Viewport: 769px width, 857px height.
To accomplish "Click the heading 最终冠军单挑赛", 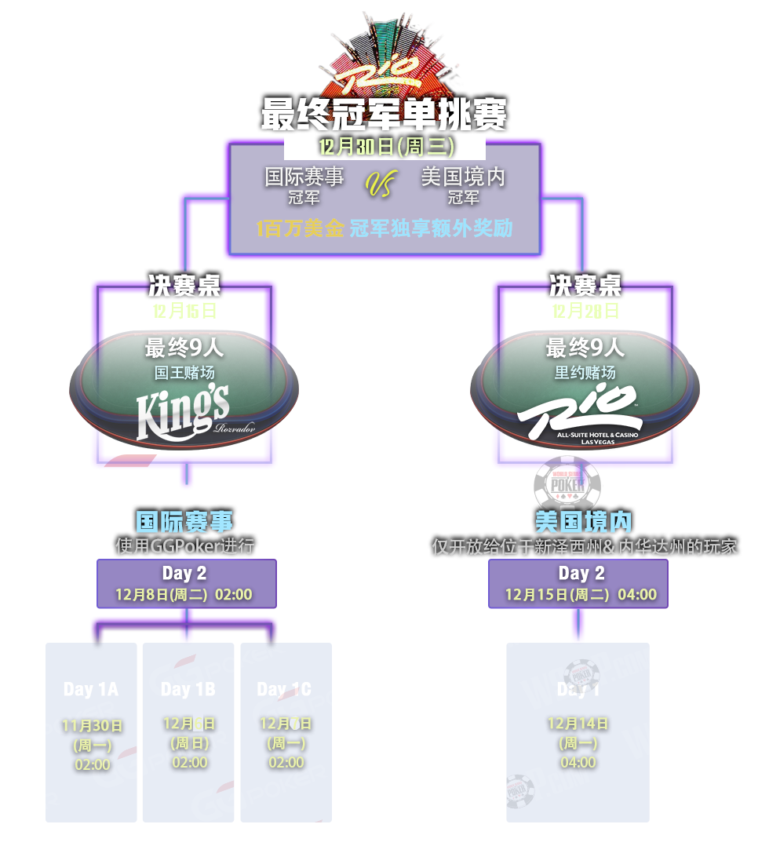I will click(x=384, y=114).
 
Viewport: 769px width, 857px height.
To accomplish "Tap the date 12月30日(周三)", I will click(x=384, y=147).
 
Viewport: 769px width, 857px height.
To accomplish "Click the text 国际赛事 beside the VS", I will click(x=304, y=177).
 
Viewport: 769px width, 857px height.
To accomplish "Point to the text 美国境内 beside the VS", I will click(x=463, y=177).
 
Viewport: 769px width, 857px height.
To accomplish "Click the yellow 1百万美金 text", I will click(x=300, y=228).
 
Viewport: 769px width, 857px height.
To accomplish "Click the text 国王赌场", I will click(x=184, y=373).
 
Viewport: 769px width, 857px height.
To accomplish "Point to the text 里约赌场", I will click(x=585, y=373).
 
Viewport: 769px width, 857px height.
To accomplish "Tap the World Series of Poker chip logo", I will click(x=567, y=484).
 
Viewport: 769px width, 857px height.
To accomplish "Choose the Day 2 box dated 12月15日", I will click(x=578, y=583).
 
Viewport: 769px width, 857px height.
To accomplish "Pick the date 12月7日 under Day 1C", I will click(x=286, y=724).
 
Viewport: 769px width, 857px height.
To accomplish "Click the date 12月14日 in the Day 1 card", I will click(x=578, y=724).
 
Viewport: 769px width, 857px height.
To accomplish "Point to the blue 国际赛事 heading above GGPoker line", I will click(x=185, y=522).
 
